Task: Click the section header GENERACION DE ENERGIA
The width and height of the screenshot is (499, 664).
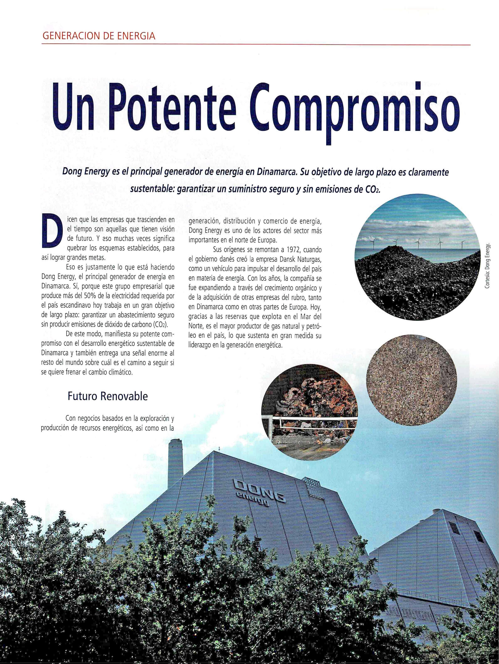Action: pyautogui.click(x=99, y=36)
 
